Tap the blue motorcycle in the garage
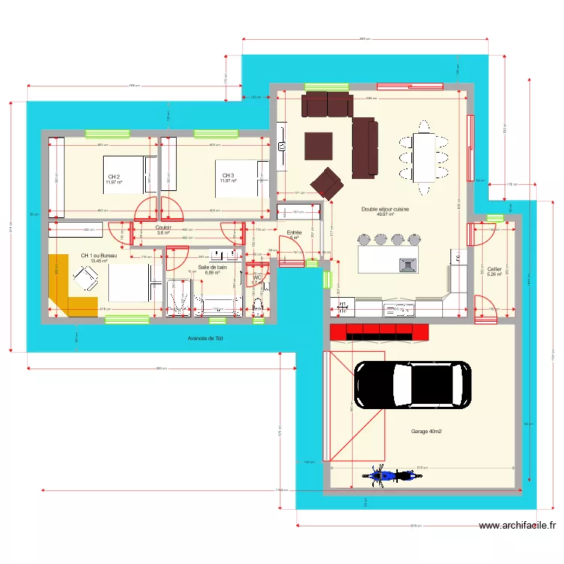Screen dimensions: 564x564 click(383, 475)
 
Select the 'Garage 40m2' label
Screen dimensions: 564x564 click(426, 432)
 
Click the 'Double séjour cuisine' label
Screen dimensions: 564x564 click(384, 210)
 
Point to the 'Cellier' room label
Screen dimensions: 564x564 click(494, 269)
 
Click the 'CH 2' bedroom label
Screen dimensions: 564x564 click(114, 177)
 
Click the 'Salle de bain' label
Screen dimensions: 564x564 click(212, 267)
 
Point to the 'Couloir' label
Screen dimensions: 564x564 click(164, 228)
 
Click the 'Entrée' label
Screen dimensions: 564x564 click(294, 233)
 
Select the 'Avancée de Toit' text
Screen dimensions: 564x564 click(206, 339)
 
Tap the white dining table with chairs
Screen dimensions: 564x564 click(423, 157)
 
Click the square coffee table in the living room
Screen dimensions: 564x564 click(319, 145)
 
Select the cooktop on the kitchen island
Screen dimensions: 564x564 click(408, 264)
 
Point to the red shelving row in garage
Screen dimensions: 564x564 click(379, 332)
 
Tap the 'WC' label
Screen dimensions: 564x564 click(256, 278)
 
